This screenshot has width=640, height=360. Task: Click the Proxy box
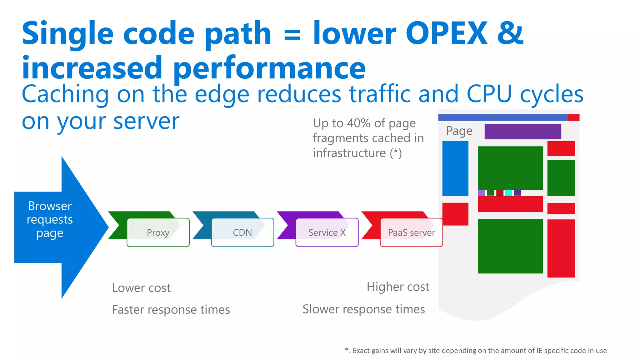158,232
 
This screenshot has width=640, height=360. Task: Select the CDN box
242,232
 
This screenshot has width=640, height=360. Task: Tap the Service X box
327,232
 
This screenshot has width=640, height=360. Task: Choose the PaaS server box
411,232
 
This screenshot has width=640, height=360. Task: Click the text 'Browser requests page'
50,219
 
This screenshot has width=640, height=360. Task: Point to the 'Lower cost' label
141,288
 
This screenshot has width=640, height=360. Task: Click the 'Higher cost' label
398,287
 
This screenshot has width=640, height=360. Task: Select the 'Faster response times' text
171,310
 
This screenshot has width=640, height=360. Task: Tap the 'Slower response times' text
364,309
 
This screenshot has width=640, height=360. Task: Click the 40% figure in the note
359,123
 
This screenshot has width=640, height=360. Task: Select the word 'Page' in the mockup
459,131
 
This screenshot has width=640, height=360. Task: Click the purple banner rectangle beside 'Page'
522,132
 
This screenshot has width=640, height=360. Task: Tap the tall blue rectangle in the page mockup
455,168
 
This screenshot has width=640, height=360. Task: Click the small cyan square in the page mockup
508,192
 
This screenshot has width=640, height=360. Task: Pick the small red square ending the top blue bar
573,117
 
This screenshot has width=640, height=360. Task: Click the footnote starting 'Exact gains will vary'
476,351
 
